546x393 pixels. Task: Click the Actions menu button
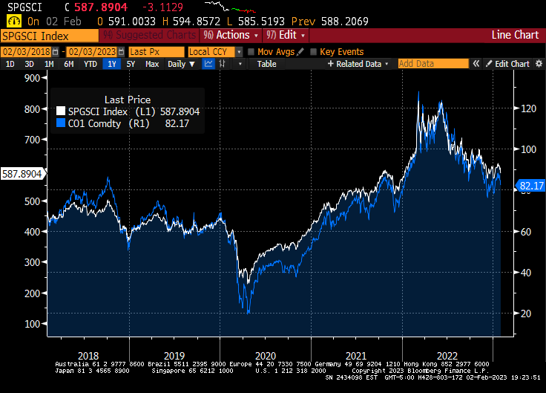coord(231,35)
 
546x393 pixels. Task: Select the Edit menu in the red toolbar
coord(286,35)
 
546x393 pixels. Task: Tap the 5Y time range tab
coord(131,64)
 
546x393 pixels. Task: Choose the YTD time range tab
coord(90,64)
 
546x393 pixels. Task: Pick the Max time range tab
coord(151,64)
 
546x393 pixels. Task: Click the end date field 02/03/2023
coord(95,51)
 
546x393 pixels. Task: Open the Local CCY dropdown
coord(214,51)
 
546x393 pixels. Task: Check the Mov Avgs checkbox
coord(252,52)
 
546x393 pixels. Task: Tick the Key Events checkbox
coord(315,52)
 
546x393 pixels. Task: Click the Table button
coord(266,64)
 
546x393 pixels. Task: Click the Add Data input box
coord(433,64)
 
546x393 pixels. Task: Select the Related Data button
coord(359,64)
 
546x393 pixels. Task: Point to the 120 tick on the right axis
coord(528,108)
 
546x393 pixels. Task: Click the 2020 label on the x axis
coord(265,356)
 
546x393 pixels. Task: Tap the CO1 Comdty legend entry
coord(104,124)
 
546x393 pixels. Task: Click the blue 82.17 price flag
coord(531,185)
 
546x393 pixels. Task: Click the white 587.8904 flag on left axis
coord(22,173)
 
